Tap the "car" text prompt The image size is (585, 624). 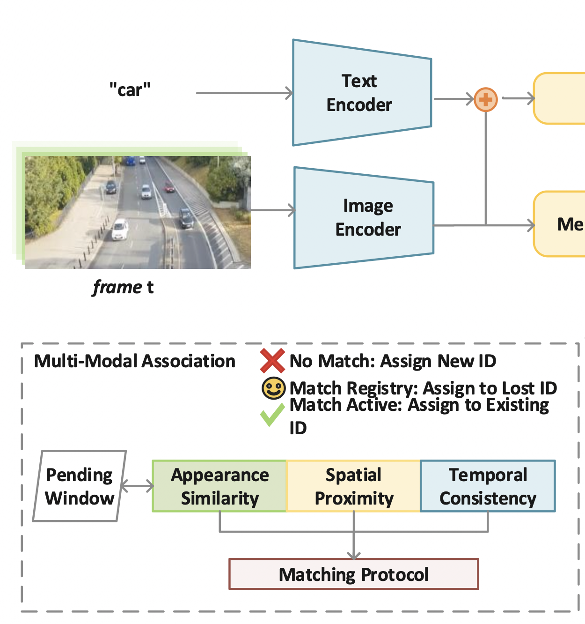(x=130, y=89)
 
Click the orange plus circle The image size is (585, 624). (x=485, y=99)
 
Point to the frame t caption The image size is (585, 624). (x=123, y=287)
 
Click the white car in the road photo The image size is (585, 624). (x=120, y=230)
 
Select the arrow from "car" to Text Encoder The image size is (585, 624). (x=243, y=93)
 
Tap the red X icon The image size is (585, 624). (x=272, y=361)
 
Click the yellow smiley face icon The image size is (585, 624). (x=273, y=388)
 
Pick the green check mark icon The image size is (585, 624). (x=272, y=415)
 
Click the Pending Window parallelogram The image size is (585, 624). (x=80, y=486)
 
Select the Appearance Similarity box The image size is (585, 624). (x=219, y=486)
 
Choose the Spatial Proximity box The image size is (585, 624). (x=353, y=486)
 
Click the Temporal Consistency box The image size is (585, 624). (x=488, y=486)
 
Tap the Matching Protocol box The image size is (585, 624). (x=353, y=574)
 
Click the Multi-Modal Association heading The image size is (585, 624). (x=135, y=361)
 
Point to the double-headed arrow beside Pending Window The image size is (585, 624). (x=138, y=486)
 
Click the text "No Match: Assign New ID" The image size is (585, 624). (x=393, y=361)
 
